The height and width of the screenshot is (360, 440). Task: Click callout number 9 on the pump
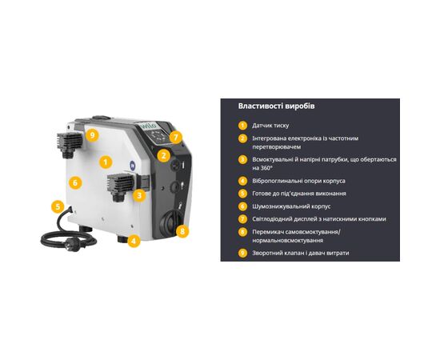[x=92, y=135]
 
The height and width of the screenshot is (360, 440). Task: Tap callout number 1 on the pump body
[x=106, y=162]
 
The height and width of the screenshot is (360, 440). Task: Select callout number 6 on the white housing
[x=75, y=183]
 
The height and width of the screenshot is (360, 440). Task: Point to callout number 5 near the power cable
[x=58, y=207]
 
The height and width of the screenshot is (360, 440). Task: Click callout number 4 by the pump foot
[x=134, y=241]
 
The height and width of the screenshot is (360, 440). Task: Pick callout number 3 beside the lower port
[x=139, y=194]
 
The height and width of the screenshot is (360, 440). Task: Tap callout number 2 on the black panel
[x=163, y=155]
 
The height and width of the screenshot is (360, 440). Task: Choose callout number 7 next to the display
[x=176, y=138]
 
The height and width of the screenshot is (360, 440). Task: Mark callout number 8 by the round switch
[x=182, y=231]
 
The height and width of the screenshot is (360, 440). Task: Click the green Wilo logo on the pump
[x=147, y=126]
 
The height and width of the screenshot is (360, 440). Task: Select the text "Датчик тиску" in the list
[x=270, y=126]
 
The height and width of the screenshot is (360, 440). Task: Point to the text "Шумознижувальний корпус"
[x=291, y=206]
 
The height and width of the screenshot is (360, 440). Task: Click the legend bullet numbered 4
[x=242, y=181]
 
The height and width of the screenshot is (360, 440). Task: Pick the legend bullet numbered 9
[x=242, y=253]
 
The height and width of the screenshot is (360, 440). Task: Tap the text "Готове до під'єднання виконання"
[x=299, y=194]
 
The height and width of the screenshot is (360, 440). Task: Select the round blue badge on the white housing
[x=132, y=166]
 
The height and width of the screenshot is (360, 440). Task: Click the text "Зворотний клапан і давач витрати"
[x=301, y=253]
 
